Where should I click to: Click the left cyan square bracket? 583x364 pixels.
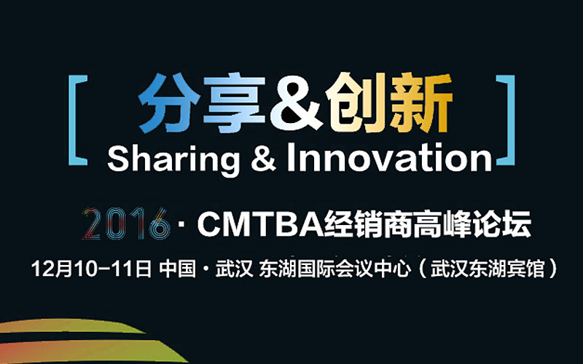click(x=72, y=120)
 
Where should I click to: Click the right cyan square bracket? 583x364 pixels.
click(x=511, y=120)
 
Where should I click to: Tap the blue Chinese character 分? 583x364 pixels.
click(x=167, y=103)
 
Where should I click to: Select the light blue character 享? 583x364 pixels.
click(x=234, y=103)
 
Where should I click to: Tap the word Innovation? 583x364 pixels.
click(x=390, y=158)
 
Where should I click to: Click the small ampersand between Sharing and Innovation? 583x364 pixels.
click(x=264, y=159)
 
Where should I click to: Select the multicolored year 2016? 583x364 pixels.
click(x=125, y=223)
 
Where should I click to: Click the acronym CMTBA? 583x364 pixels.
click(x=261, y=224)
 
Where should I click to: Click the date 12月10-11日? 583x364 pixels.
click(x=92, y=269)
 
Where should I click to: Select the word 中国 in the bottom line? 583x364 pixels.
click(x=177, y=269)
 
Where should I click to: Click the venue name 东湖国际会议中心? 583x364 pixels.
click(x=334, y=269)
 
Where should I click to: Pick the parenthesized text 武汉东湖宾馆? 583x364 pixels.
click(x=488, y=269)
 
